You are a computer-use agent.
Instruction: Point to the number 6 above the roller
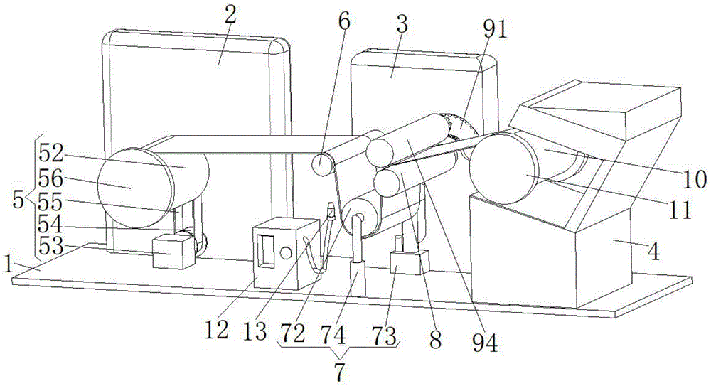(x=344, y=21)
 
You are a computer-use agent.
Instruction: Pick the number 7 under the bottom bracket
(x=339, y=370)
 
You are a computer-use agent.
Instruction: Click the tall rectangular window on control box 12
(x=267, y=250)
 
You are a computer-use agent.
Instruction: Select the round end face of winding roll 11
(x=504, y=168)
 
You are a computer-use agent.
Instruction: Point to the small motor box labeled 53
(x=173, y=253)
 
